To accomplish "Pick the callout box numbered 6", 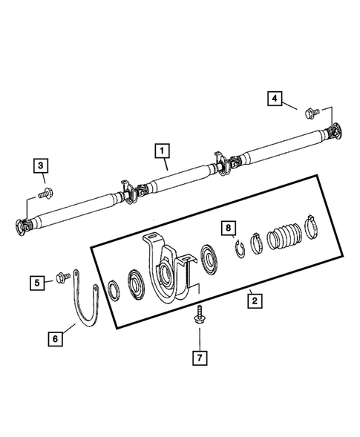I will (55, 338).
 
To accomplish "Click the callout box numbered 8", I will (230, 228).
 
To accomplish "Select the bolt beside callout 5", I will (60, 280).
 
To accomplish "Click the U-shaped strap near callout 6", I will (83, 304).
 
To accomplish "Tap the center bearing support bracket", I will (163, 263).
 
